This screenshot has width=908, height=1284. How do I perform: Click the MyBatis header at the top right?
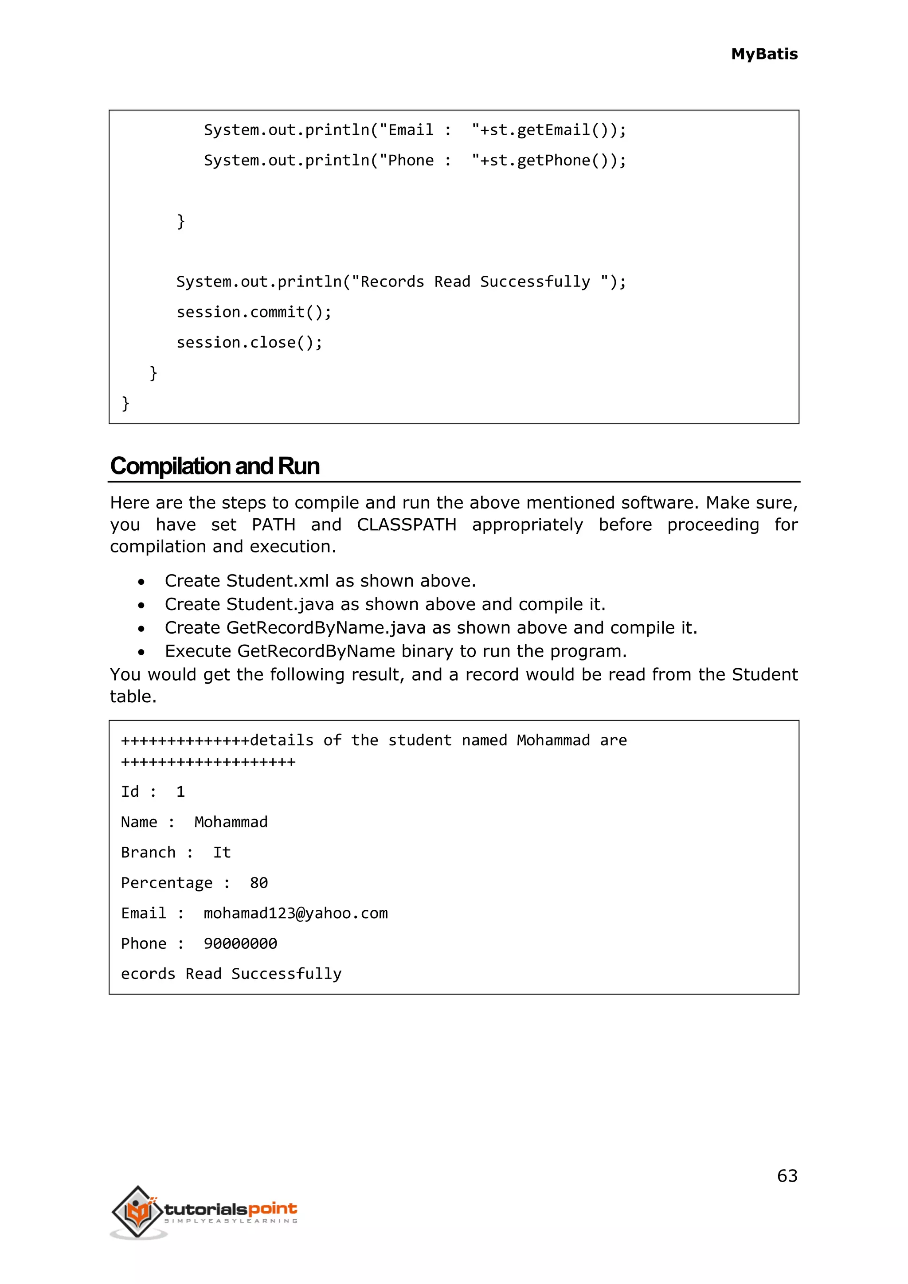[764, 54]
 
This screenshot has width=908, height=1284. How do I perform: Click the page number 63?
[787, 1175]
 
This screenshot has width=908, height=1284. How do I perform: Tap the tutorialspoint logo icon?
[137, 1211]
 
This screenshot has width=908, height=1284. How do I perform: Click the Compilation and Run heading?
[215, 466]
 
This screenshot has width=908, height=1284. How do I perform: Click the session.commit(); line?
[254, 312]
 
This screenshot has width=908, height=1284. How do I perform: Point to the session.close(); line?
[249, 342]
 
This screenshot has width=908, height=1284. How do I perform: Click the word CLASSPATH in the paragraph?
[407, 525]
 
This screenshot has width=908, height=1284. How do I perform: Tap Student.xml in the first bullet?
[277, 581]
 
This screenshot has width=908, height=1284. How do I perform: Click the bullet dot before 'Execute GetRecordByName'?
[141, 652]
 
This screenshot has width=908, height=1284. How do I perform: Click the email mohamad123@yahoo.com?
[295, 913]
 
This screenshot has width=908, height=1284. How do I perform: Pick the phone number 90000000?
[240, 943]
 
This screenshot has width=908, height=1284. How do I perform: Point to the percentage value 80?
[258, 883]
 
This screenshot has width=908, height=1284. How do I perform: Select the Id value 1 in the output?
[180, 792]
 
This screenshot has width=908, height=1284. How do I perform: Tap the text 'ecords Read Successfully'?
[231, 974]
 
